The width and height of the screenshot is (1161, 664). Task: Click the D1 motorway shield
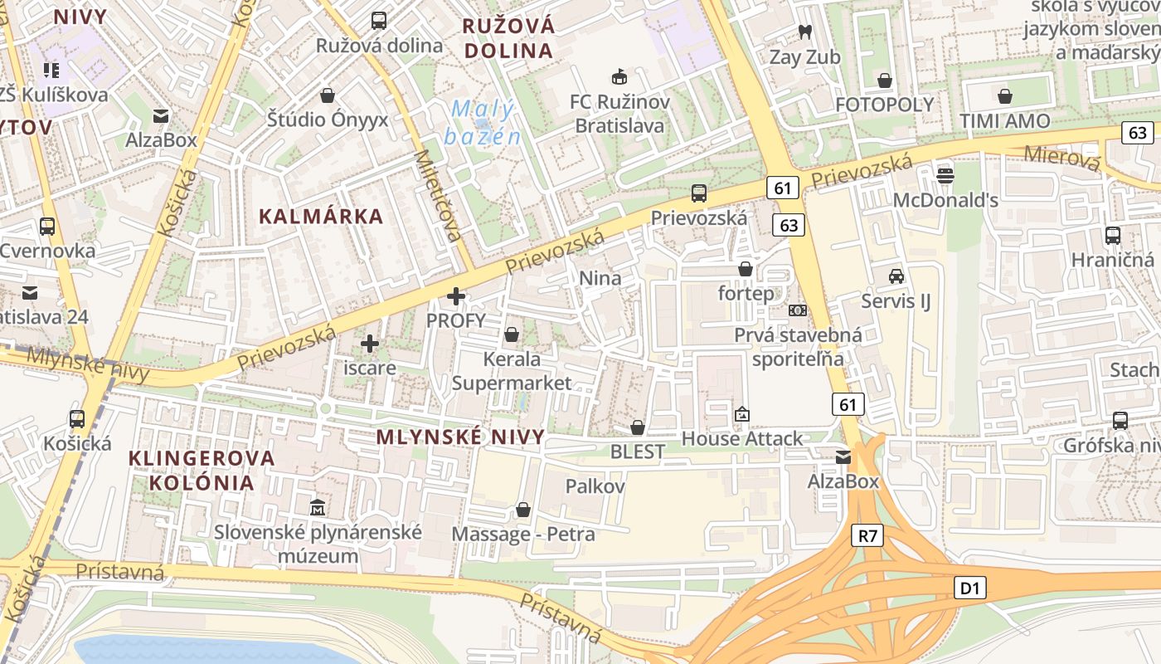point(969,588)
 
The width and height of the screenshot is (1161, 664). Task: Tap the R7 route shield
point(867,536)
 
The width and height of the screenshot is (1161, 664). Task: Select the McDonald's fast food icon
point(945,175)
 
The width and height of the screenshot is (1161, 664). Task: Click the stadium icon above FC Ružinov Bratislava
point(619,77)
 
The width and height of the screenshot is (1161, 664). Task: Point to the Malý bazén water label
point(483,122)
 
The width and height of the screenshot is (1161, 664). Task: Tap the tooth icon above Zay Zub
point(804,32)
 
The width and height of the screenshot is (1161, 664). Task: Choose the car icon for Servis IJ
point(896,276)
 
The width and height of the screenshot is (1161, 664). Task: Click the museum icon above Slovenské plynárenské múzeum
point(317,506)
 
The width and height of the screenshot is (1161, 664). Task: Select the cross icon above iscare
point(370,343)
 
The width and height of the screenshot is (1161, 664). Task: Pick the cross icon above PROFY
point(455,295)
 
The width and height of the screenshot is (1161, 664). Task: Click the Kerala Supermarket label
point(512,371)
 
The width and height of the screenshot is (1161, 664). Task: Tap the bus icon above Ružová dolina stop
point(379,21)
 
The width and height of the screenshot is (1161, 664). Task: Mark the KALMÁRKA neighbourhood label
point(321,217)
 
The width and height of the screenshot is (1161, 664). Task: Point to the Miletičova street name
point(438,195)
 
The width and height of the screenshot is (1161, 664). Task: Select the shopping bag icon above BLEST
point(637,427)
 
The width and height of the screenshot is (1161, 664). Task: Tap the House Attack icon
point(741,414)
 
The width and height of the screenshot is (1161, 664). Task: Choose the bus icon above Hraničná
point(1112,236)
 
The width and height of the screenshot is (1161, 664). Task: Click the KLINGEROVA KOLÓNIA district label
point(202,470)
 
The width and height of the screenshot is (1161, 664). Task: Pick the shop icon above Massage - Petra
point(522,509)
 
